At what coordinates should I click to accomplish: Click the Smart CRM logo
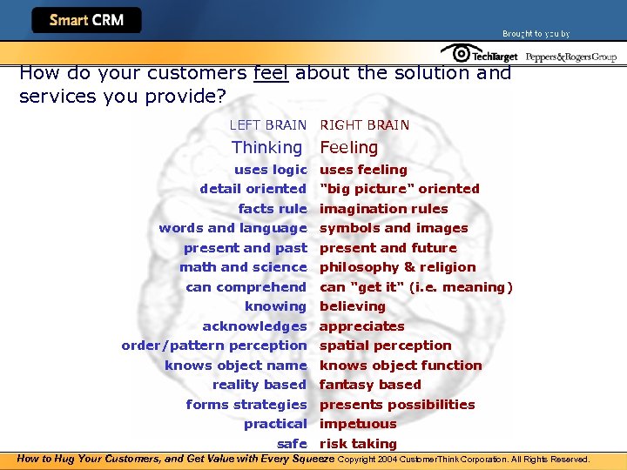86,20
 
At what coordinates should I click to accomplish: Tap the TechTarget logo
480,55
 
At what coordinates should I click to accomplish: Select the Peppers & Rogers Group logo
570,57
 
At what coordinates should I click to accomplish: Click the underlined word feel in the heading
271,73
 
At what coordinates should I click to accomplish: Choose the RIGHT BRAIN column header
364,125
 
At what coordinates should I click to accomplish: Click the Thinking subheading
266,148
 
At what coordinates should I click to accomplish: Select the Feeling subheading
348,148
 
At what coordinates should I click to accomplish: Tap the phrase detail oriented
253,189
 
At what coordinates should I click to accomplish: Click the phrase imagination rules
383,209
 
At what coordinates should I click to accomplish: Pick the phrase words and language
233,228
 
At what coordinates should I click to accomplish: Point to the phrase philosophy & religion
397,267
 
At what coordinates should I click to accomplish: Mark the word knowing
275,306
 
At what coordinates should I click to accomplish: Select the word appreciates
361,326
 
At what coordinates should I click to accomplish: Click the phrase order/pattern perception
214,346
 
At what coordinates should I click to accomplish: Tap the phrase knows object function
400,366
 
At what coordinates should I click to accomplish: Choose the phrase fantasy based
370,385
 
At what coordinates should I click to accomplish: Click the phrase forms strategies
246,405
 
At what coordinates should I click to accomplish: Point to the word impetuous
357,424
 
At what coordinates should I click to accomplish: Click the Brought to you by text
536,34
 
